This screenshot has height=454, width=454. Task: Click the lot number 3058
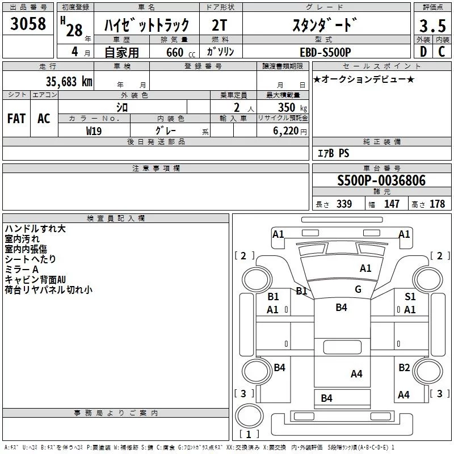tap(28, 23)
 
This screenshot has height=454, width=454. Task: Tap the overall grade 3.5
tap(432, 26)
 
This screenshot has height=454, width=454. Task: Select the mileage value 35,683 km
tap(69, 82)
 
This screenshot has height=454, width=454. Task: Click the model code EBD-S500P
tap(325, 52)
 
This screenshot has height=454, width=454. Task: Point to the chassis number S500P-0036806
tap(381, 180)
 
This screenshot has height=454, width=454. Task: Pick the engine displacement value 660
tap(175, 52)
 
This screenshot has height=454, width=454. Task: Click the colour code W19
tap(94, 131)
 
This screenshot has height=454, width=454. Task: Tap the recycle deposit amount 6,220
tap(285, 131)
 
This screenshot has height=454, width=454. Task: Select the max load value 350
tap(287, 107)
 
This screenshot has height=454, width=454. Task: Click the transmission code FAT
tap(16, 119)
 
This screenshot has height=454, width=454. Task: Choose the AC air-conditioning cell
tap(44, 119)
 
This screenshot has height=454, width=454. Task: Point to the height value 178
tap(437, 204)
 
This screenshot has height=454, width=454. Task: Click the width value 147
tap(392, 204)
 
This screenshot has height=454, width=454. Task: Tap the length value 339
tap(344, 204)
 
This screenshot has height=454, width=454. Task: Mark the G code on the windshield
tap(358, 289)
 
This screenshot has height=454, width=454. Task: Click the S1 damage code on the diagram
tap(410, 296)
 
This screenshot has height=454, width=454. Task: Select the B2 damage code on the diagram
tap(404, 367)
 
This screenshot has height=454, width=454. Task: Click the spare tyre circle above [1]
tap(249, 415)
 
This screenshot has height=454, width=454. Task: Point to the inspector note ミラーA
tap(22, 270)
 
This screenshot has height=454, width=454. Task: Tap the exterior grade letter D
tap(423, 52)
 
